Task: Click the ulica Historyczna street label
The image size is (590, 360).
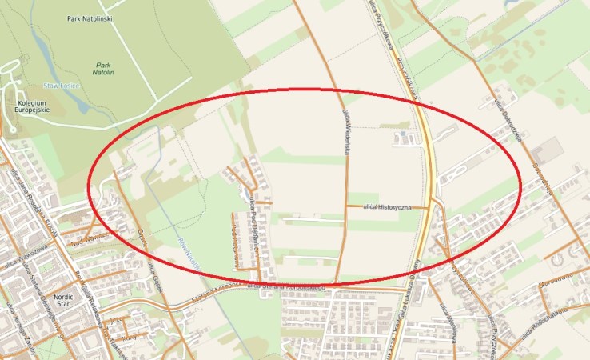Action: point(386,207)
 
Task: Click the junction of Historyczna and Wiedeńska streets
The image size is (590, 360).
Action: point(346,206)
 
